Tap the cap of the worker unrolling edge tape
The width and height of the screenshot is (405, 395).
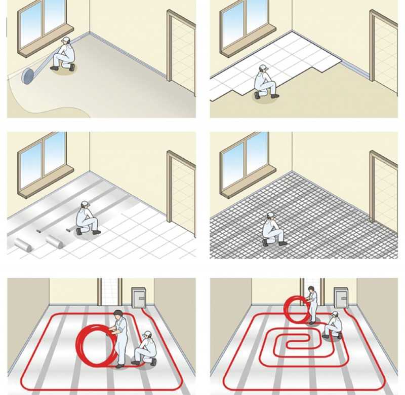coord(65,40)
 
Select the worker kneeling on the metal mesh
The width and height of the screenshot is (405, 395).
coord(272,229)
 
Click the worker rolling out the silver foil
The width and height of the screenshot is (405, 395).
coord(87,219)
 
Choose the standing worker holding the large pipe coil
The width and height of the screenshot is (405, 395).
coord(120,337)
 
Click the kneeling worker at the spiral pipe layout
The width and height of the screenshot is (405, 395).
coord(333,326)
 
